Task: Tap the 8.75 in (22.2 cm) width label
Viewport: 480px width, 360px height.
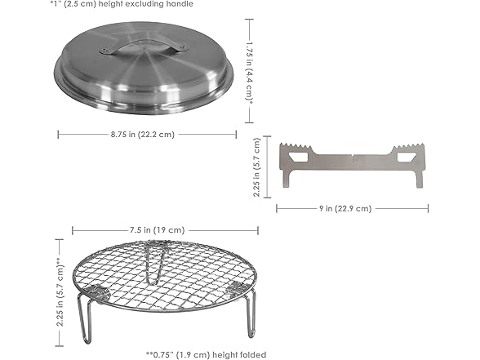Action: [143, 135]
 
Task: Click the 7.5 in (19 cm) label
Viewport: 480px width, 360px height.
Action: [156, 230]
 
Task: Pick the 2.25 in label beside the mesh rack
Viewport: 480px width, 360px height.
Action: [60, 292]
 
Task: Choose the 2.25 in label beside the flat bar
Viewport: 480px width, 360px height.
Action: [256, 167]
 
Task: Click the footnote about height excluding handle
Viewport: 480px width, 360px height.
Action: [122, 4]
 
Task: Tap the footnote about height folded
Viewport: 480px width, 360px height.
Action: [206, 354]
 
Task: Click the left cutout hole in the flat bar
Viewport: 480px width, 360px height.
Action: [298, 157]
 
